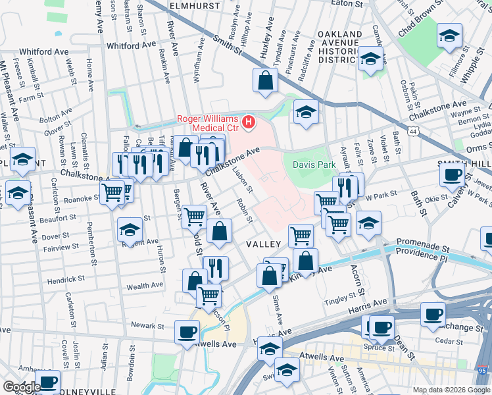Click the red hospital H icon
coord(248,121)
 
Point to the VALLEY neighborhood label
coord(264,244)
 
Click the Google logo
coord(22,387)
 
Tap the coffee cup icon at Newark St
coord(187,332)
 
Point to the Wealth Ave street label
coord(145,286)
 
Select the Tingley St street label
coord(339,302)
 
